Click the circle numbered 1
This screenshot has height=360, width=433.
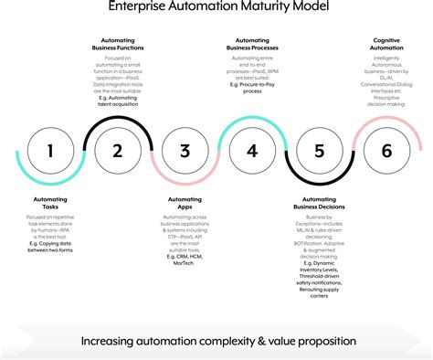[50, 151]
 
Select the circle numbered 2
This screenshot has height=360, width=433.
[118, 151]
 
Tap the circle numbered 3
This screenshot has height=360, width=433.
[185, 151]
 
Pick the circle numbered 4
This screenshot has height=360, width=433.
[252, 151]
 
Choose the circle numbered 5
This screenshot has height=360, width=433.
[319, 151]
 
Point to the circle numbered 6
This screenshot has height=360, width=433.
[386, 151]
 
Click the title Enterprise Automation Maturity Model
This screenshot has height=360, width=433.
[216, 7]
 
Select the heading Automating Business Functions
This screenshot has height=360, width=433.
[118, 46]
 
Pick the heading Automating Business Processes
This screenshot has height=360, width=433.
[252, 46]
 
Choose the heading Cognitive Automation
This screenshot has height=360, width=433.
[386, 46]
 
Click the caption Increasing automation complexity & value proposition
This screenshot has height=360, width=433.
[216, 341]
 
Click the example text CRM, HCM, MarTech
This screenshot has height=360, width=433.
[185, 258]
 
